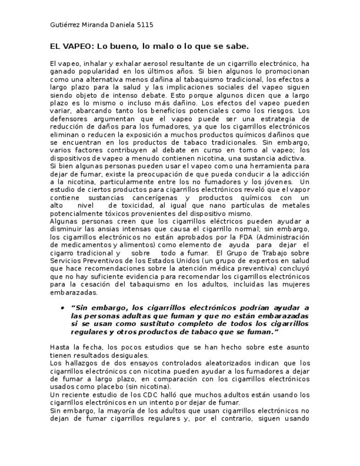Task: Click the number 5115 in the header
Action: pos(145,25)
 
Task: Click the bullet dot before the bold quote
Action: pos(63,308)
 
